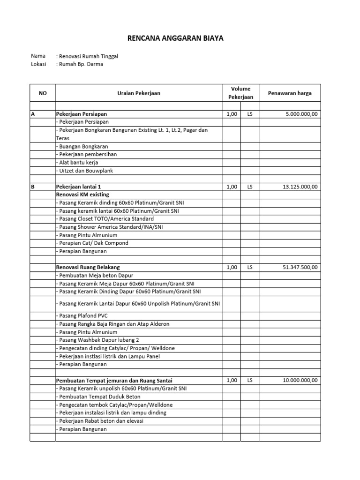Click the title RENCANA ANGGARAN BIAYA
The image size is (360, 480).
pyautogui.click(x=176, y=38)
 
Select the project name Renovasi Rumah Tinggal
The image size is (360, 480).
pyautogui.click(x=88, y=56)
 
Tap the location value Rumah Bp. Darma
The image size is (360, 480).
pyautogui.click(x=80, y=64)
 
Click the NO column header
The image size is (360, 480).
pyautogui.click(x=43, y=93)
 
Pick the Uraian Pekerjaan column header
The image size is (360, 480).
pyautogui.click(x=139, y=93)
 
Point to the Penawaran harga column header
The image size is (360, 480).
pyautogui.click(x=289, y=93)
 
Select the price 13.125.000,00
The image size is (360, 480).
pyautogui.click(x=300, y=187)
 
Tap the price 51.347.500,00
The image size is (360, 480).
pyautogui.click(x=300, y=267)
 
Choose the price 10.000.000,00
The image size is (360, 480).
pyautogui.click(x=300, y=380)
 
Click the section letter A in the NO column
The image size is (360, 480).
pyautogui.click(x=33, y=114)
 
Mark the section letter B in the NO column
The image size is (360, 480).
pyautogui.click(x=33, y=187)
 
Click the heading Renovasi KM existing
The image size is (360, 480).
pyautogui.click(x=86, y=195)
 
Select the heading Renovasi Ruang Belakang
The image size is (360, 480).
pyautogui.click(x=91, y=267)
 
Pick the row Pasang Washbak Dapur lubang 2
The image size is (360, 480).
pyautogui.click(x=99, y=340)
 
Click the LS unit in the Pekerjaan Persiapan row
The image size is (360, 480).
pyautogui.click(x=249, y=114)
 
